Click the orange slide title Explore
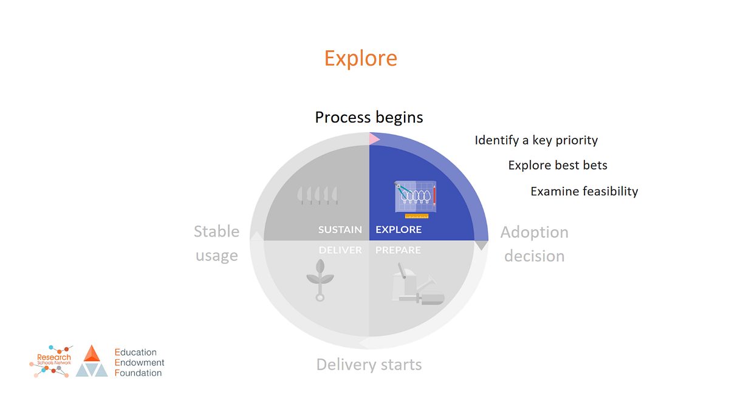tap(361, 59)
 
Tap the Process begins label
tap(369, 118)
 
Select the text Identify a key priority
tap(536, 140)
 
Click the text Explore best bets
tap(558, 165)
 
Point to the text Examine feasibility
tap(584, 192)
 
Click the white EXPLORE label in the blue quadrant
tap(399, 229)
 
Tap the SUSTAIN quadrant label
tap(340, 229)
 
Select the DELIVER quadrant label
tap(340, 250)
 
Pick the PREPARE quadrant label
tap(398, 250)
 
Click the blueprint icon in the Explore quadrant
tap(416, 199)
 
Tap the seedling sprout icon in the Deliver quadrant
tap(320, 280)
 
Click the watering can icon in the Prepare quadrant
tap(418, 284)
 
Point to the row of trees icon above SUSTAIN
tap(318, 195)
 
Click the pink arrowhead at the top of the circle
tap(374, 139)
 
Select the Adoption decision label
tap(535, 244)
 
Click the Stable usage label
tap(217, 243)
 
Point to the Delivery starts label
tap(369, 365)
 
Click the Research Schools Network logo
tap(52, 361)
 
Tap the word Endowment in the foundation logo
tap(139, 362)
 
